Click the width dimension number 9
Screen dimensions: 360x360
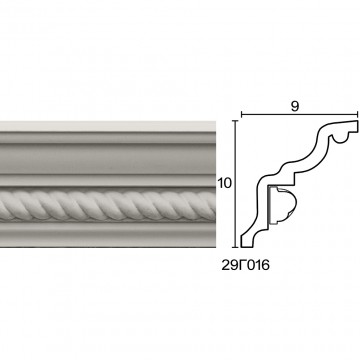[295, 106]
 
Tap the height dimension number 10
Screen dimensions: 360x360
[224, 183]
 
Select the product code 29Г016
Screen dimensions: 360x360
[245, 266]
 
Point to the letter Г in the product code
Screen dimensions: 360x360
[242, 266]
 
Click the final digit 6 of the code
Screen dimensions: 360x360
[265, 266]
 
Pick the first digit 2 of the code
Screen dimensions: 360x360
[226, 266]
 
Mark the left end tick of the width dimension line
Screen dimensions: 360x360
[241, 115]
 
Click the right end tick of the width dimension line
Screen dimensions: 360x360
[358, 115]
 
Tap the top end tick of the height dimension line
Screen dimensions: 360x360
[236, 121]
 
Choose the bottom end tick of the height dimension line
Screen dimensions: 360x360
[236, 247]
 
